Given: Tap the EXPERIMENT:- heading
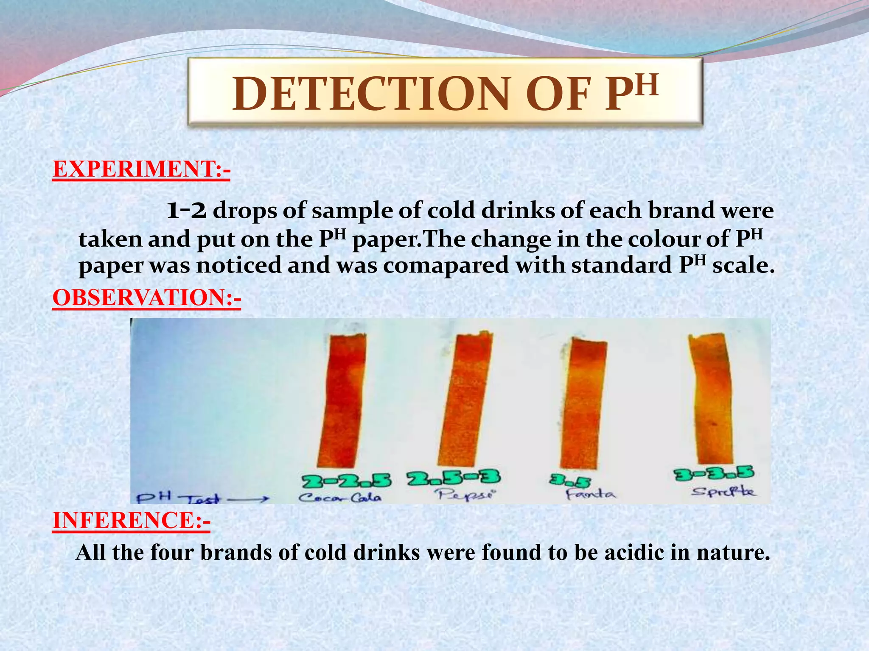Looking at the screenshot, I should pyautogui.click(x=141, y=169).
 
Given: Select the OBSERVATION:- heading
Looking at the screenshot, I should pyautogui.click(x=147, y=298).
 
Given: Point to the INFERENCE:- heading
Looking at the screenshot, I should pyautogui.click(x=131, y=520).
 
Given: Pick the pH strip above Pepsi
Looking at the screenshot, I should pyautogui.click(x=465, y=401).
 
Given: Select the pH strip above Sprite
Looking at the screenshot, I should pyautogui.click(x=711, y=398).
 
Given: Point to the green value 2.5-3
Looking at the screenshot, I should pyautogui.click(x=453, y=479).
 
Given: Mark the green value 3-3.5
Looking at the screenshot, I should pyautogui.click(x=714, y=474).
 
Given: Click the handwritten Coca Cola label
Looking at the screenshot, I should pyautogui.click(x=339, y=498).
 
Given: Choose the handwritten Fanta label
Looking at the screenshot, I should pyautogui.click(x=590, y=494).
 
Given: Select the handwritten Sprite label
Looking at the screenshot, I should pyautogui.click(x=724, y=492).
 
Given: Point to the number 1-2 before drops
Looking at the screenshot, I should pyautogui.click(x=186, y=211).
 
